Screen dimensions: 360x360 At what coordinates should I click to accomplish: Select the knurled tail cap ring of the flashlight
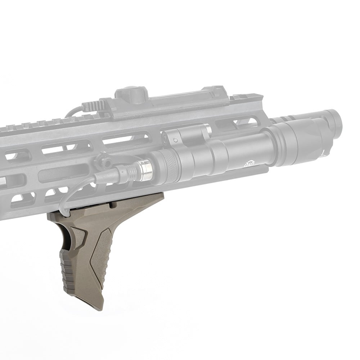(167, 165)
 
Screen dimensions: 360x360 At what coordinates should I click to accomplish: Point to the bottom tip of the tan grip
(95, 306)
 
